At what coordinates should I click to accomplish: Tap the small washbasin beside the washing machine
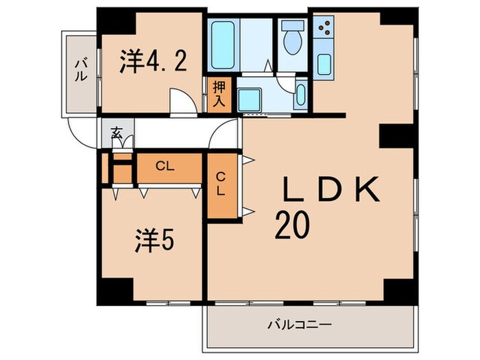pyautogui.click(x=301, y=96)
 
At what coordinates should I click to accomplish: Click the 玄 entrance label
pyautogui.click(x=117, y=134)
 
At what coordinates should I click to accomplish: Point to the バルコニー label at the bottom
pyautogui.click(x=299, y=323)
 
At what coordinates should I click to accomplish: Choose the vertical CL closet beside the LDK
pyautogui.click(x=221, y=185)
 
